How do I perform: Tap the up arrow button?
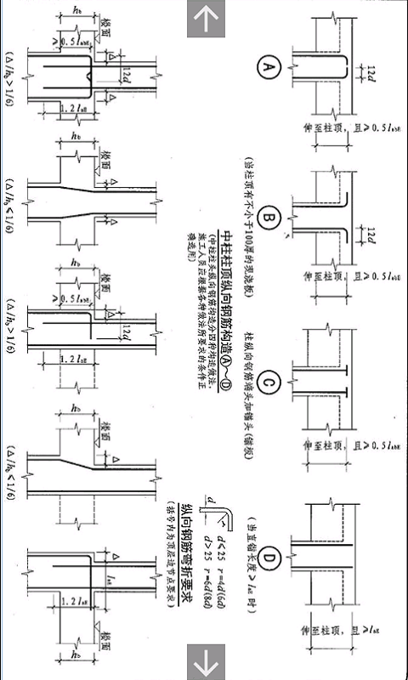point(204,19)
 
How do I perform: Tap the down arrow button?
point(204,660)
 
